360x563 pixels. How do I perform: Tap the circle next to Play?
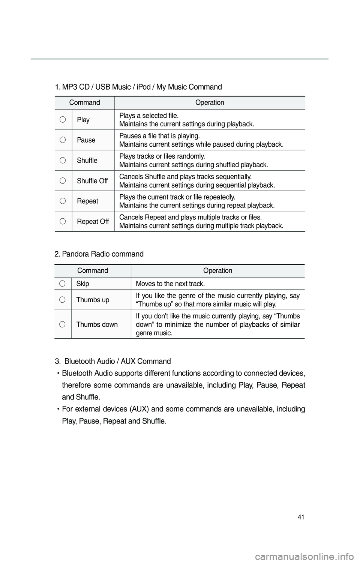click(x=63, y=120)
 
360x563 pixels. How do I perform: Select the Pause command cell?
click(x=86, y=140)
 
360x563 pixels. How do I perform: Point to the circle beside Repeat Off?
click(x=63, y=221)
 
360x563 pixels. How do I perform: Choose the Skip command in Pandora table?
click(x=83, y=284)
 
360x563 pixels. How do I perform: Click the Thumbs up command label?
click(x=93, y=300)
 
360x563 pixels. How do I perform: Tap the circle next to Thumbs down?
click(x=63, y=324)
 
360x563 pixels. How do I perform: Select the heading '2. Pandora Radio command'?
click(x=99, y=254)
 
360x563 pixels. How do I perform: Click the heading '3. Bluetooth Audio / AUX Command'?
click(x=113, y=361)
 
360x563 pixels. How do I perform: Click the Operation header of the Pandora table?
click(x=217, y=270)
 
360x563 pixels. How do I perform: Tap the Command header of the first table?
click(x=84, y=102)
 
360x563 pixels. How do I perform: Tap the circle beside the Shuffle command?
click(x=63, y=160)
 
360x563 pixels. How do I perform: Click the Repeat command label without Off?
click(x=88, y=201)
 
